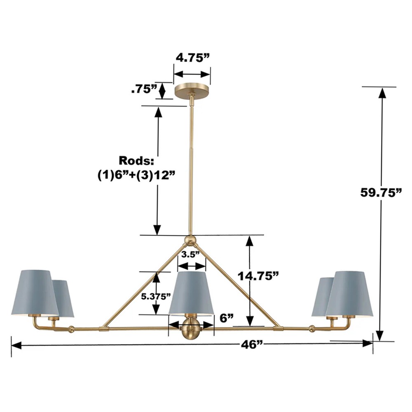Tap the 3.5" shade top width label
pos(191,254)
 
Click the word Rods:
pos(136,160)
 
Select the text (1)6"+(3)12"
pos(136,174)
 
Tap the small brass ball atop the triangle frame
pos(190,239)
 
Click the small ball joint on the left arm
pos(72,329)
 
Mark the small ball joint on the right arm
pos(312,329)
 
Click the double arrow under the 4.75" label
pos(192,75)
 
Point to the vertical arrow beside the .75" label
pos(162,91)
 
